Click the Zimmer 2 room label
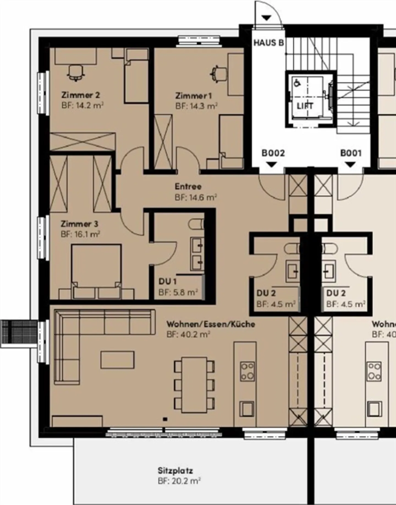pyautogui.click(x=81, y=95)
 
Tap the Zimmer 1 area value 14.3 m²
pyautogui.click(x=197, y=106)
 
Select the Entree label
pyautogui.click(x=188, y=186)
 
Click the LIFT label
pyautogui.click(x=305, y=106)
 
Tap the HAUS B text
pyautogui.click(x=268, y=43)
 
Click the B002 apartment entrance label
pyautogui.click(x=273, y=153)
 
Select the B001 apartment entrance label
pyautogui.click(x=351, y=153)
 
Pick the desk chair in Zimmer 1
pyautogui.click(x=219, y=73)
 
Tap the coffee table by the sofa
pyautogui.click(x=117, y=360)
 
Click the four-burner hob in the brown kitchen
pyautogui.click(x=247, y=371)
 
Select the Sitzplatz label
pyautogui.click(x=175, y=470)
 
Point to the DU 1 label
pyautogui.click(x=167, y=281)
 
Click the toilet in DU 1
pyautogui.click(x=197, y=223)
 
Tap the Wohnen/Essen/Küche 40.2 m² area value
pyautogui.click(x=188, y=335)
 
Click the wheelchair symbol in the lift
pyautogui.click(x=297, y=82)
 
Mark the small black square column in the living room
pyautogui.click(x=165, y=419)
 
